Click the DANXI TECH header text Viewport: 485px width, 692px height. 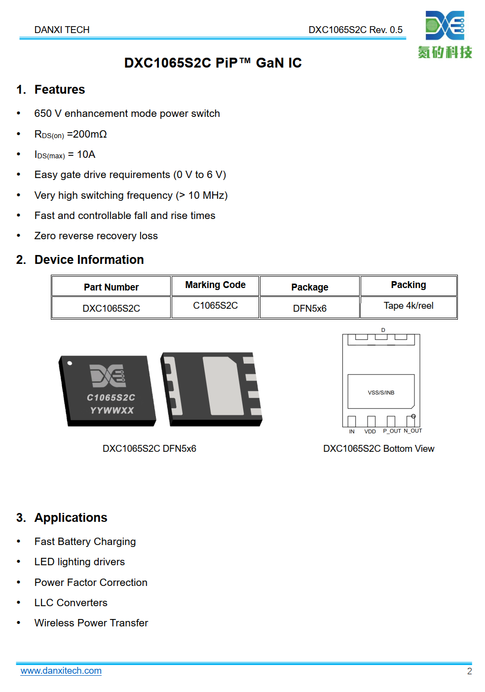(x=62, y=30)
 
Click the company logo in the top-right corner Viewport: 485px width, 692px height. (x=445, y=35)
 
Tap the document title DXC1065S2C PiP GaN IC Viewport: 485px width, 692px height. (x=213, y=63)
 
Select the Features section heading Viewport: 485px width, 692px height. (x=59, y=90)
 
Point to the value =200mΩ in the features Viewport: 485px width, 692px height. (x=87, y=134)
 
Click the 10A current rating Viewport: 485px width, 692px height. (x=86, y=154)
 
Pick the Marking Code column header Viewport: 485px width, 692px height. (x=215, y=285)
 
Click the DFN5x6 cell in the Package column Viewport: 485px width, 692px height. (x=309, y=308)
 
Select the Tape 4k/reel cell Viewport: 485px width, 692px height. (x=409, y=306)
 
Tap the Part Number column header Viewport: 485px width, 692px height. (x=111, y=287)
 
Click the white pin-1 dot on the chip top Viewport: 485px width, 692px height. (x=70, y=364)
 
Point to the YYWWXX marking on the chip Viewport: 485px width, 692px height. (x=112, y=410)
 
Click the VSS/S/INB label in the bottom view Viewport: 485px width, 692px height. (x=381, y=393)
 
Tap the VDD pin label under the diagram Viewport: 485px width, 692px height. (x=370, y=432)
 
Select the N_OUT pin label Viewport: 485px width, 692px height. (x=413, y=431)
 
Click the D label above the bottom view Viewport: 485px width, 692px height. (x=383, y=330)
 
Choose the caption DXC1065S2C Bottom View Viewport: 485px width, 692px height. (x=378, y=449)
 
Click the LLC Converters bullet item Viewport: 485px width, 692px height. (x=71, y=603)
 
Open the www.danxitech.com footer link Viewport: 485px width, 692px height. (x=61, y=671)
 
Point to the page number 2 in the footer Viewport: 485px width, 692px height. (x=469, y=671)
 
